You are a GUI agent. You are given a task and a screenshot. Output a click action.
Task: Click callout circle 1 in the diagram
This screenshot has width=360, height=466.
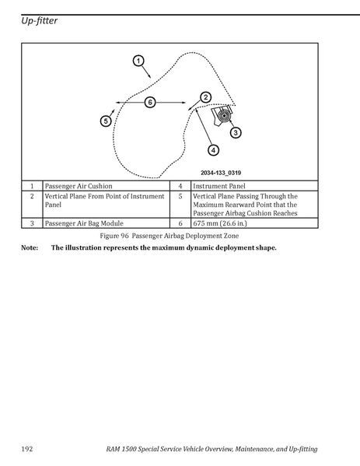[138, 61]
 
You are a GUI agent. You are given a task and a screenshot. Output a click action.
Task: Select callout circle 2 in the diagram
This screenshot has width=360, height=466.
[205, 97]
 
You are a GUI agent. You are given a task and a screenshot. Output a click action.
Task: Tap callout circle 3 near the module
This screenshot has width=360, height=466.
[236, 132]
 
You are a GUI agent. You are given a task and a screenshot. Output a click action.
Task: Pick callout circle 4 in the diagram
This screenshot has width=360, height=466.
[213, 150]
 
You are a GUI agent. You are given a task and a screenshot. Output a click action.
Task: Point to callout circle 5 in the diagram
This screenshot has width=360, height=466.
[106, 121]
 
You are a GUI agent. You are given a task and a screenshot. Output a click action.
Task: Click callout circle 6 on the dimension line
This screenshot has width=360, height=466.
[150, 103]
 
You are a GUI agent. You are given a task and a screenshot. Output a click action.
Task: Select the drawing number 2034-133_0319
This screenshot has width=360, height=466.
[221, 173]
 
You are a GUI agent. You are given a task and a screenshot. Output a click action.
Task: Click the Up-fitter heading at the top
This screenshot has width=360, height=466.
[39, 21]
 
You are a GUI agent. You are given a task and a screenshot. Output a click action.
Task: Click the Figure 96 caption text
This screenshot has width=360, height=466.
[170, 236]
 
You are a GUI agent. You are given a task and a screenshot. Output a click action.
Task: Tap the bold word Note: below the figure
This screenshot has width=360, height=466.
[30, 247]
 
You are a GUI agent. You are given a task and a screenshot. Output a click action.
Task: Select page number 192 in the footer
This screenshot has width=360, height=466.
[26, 449]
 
